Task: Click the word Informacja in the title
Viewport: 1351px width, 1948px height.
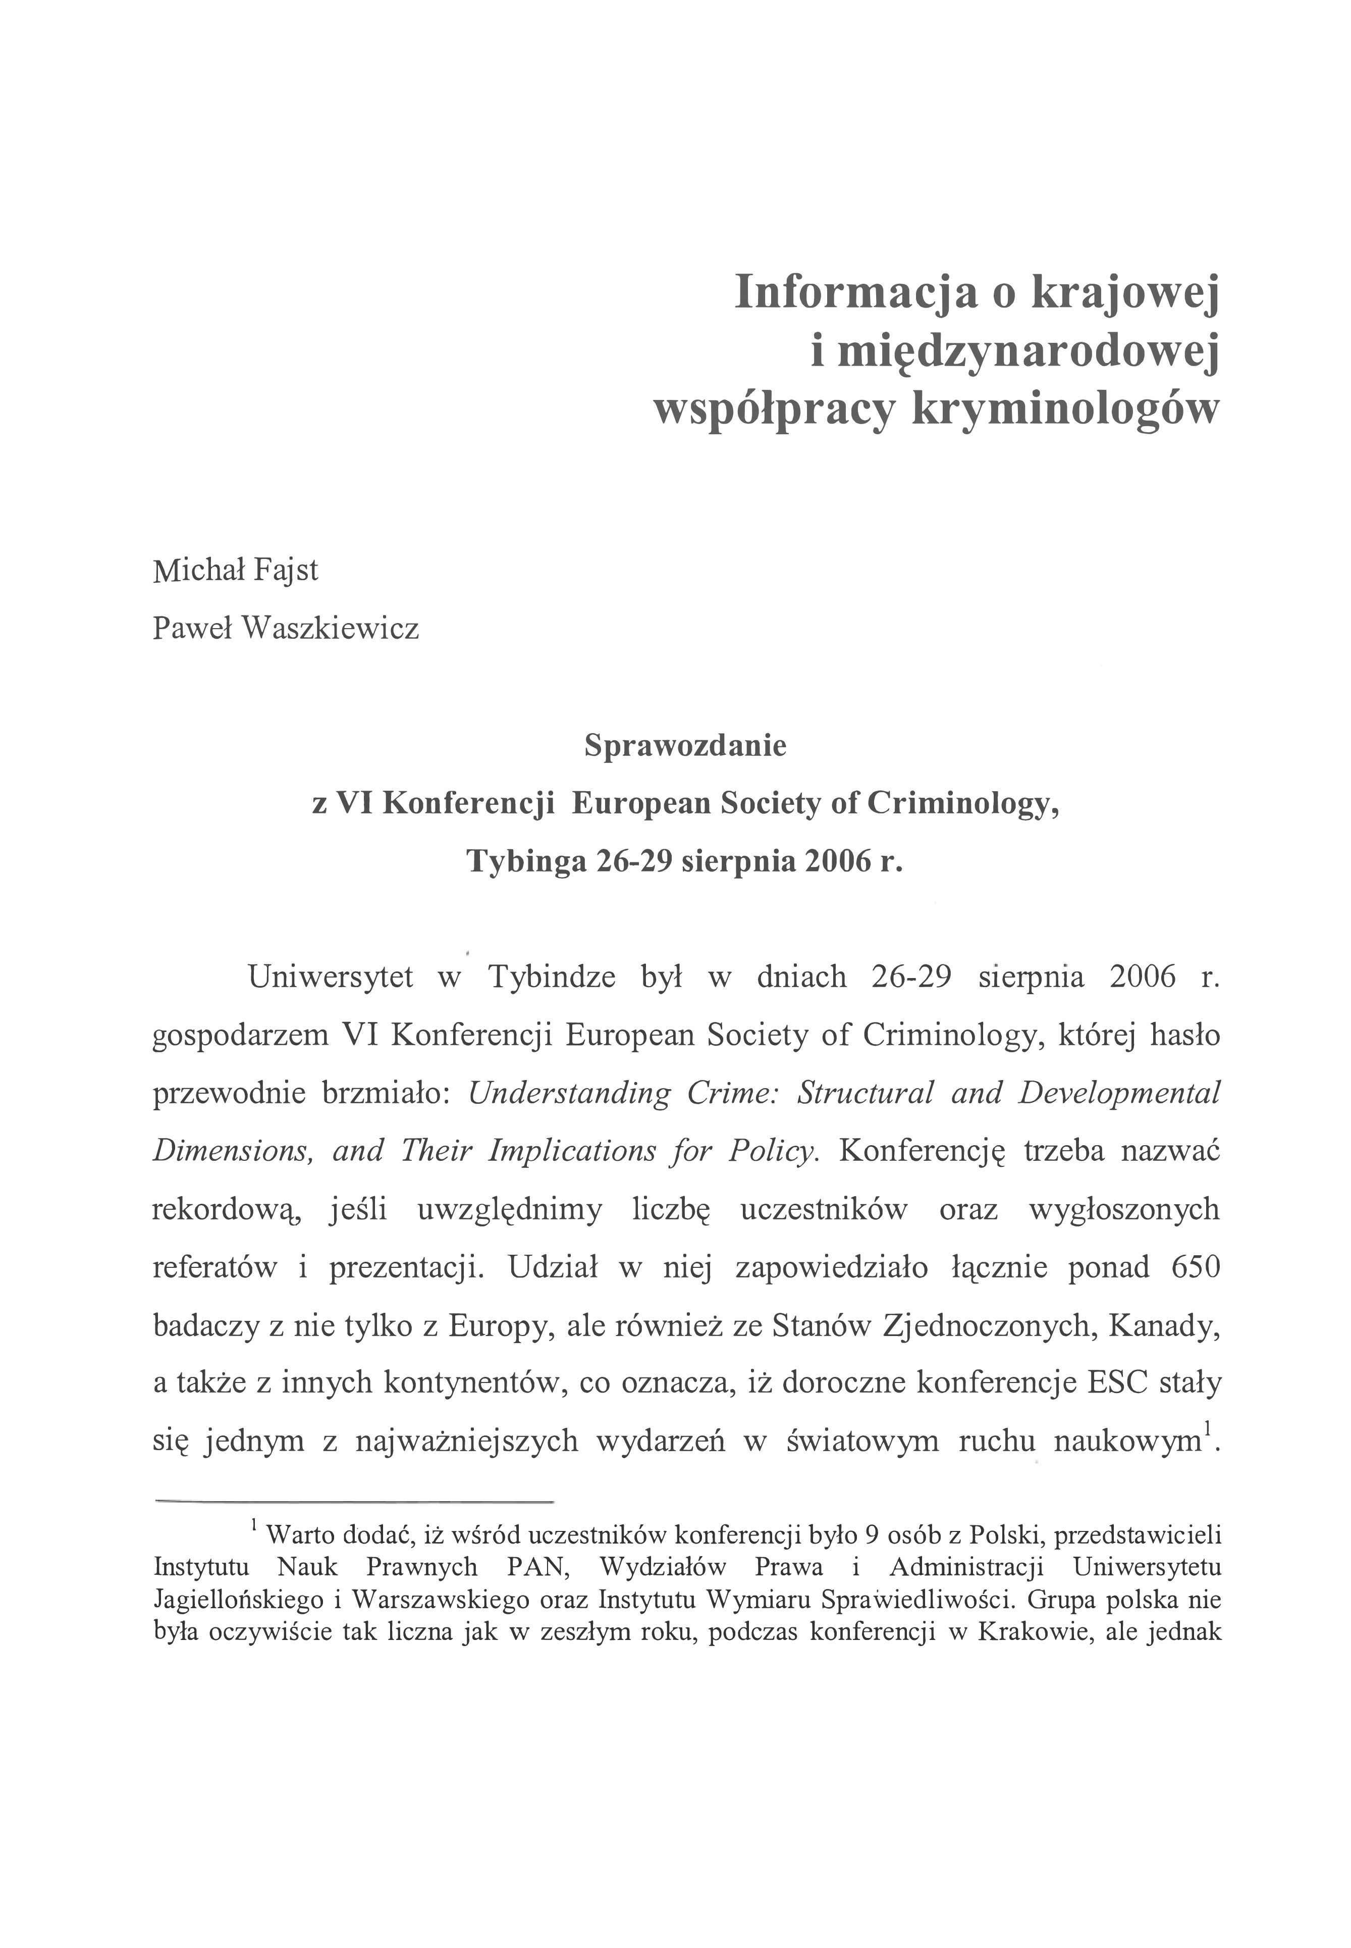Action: click(855, 292)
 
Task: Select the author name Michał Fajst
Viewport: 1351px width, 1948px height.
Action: click(235, 570)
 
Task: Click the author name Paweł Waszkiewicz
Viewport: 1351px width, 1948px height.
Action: click(285, 629)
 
